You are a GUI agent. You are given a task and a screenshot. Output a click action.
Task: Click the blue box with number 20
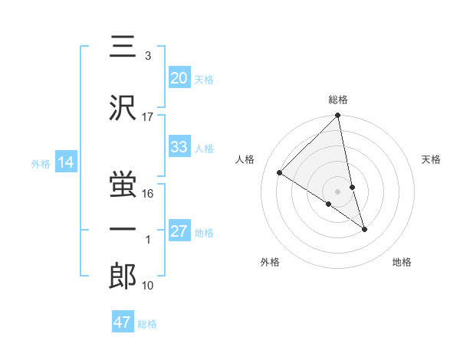pos(179,78)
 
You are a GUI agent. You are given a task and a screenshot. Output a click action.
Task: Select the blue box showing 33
pos(179,147)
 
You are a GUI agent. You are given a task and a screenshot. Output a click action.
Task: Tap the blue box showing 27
pos(179,232)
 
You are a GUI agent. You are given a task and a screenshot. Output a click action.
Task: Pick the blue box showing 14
pos(65,162)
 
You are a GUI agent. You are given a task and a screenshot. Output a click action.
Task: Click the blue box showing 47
pos(123,322)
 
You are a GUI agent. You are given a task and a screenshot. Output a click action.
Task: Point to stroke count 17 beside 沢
pos(148,116)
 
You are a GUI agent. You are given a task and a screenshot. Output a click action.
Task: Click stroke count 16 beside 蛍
pos(148,194)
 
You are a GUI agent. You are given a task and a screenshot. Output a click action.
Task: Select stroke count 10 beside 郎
pos(148,286)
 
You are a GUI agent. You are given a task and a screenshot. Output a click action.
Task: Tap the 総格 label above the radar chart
pos(338,100)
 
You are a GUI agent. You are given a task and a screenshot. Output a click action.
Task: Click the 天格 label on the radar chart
pos(431,159)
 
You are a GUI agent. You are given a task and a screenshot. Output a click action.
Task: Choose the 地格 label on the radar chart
pos(402,262)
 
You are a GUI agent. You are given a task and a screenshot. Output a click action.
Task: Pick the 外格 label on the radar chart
pos(270,262)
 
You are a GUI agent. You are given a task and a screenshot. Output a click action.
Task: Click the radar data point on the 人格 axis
pos(280,173)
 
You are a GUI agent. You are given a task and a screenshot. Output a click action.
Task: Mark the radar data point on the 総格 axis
pos(338,116)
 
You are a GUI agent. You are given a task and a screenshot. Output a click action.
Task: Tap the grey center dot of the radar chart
pos(338,191)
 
